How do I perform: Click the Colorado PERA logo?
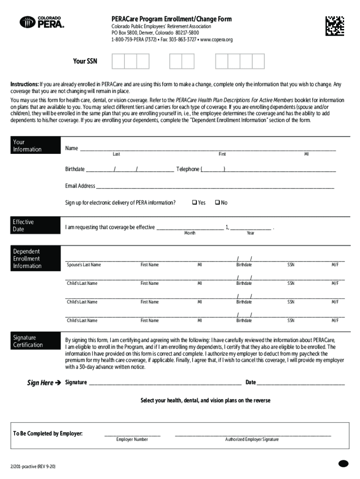point(42,22)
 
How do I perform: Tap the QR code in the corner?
point(335,26)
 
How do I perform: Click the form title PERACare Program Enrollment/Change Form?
point(171,19)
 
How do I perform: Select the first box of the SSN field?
point(118,61)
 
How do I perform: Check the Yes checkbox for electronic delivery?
point(194,203)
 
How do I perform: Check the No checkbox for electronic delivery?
point(217,203)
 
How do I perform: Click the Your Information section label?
point(27,145)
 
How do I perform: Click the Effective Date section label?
point(23,225)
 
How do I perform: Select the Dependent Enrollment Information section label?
point(27,259)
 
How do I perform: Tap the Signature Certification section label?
point(28,341)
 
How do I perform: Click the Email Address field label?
point(80,186)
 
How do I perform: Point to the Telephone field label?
point(187,169)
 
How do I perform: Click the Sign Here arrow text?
point(44,383)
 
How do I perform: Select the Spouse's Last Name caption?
point(84,265)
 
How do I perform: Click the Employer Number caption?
point(132,440)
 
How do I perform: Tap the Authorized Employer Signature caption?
point(252,440)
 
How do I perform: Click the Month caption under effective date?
point(190,233)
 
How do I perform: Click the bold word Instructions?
point(25,84)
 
